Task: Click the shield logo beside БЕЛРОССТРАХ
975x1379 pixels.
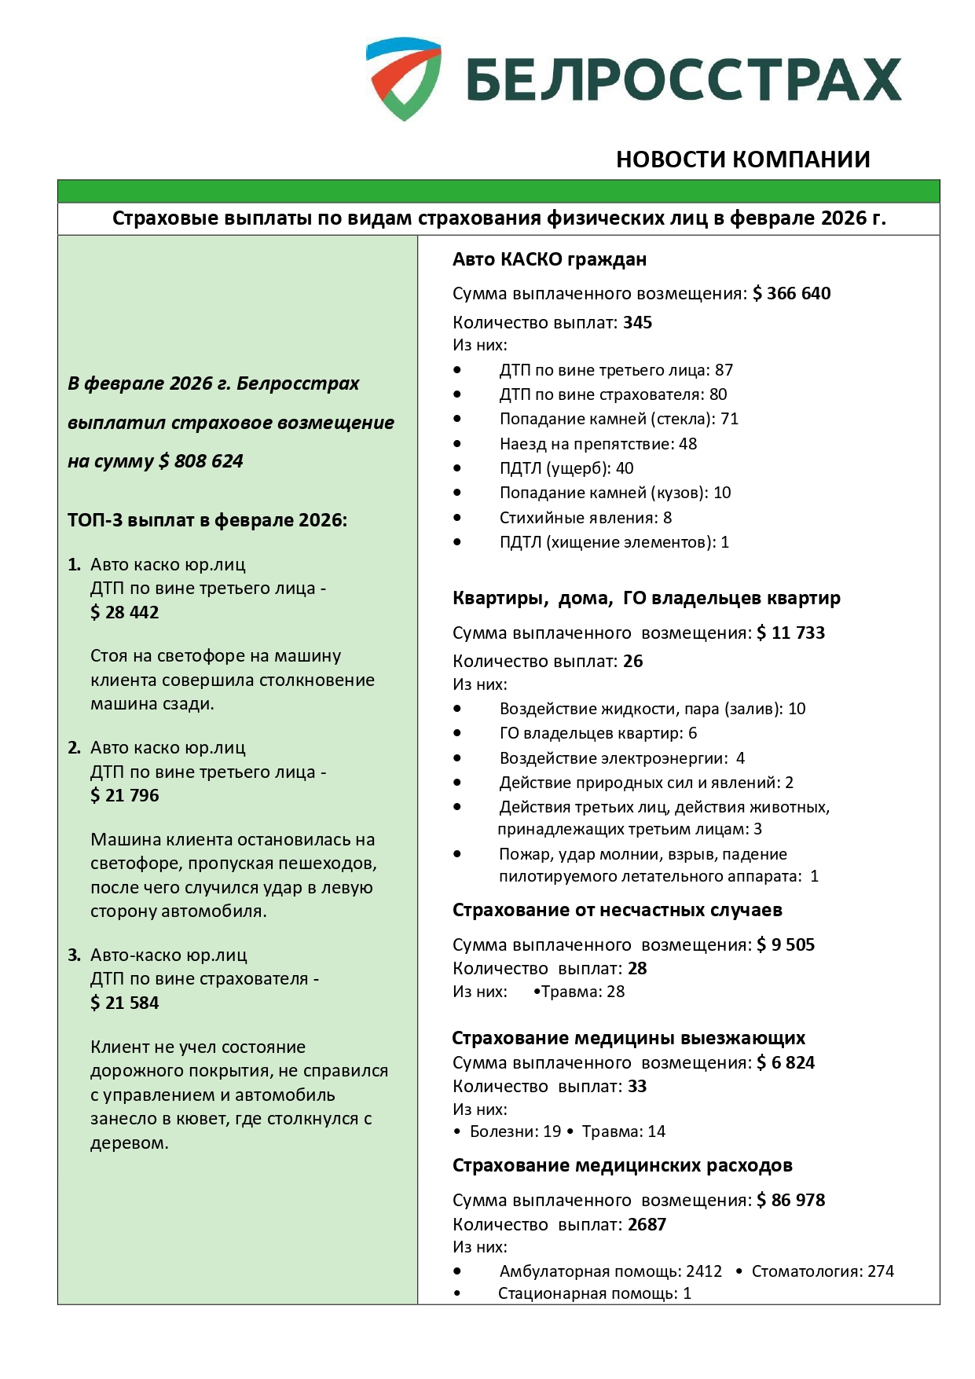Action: click(403, 78)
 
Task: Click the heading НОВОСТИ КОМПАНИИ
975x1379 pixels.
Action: click(742, 160)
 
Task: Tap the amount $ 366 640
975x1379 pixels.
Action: click(791, 294)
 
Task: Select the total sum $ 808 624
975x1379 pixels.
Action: click(201, 461)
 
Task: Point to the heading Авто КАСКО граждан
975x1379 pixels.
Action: click(549, 259)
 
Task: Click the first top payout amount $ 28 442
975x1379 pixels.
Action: click(125, 612)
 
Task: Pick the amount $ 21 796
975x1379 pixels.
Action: click(125, 795)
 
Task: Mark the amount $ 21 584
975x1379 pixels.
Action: click(125, 1003)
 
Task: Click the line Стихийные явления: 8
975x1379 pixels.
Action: click(585, 518)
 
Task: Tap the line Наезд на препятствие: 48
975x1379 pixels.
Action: click(598, 444)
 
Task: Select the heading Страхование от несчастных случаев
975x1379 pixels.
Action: click(617, 910)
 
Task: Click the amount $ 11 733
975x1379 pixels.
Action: click(790, 633)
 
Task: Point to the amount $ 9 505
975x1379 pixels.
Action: click(786, 944)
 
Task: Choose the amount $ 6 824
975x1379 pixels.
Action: click(786, 1063)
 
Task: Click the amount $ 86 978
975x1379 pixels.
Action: click(790, 1200)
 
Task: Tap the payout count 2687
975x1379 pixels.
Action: click(647, 1224)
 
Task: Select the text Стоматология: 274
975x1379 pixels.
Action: click(823, 1271)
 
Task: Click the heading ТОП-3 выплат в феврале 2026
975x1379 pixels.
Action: click(207, 520)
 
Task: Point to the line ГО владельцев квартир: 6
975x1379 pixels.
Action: click(598, 733)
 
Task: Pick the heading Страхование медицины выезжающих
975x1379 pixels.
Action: click(629, 1038)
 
